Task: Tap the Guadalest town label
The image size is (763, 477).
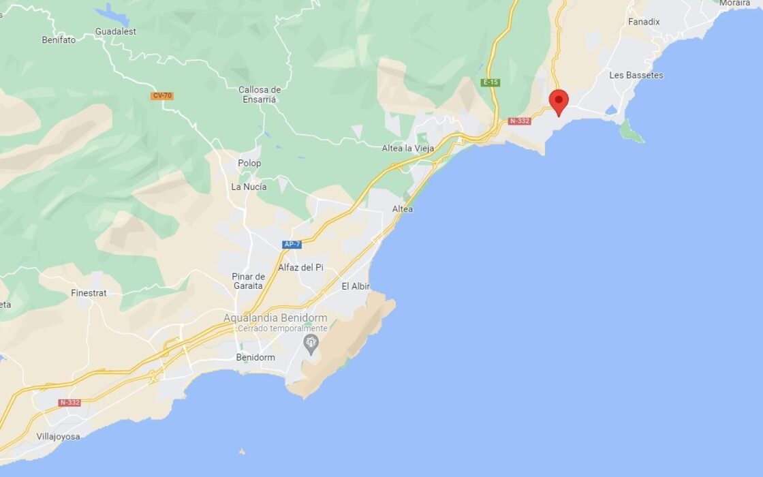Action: (x=116, y=31)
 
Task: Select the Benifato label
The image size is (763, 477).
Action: (x=59, y=40)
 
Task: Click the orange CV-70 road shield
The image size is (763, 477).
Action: (x=162, y=96)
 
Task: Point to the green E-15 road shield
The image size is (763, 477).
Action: (x=490, y=82)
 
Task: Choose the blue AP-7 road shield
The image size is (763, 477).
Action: (x=292, y=244)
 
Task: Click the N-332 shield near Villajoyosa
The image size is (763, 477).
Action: (x=69, y=403)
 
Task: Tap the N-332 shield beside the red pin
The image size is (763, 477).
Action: (x=519, y=121)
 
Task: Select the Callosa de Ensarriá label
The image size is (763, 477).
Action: (x=260, y=94)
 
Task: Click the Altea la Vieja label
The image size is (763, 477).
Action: (x=409, y=148)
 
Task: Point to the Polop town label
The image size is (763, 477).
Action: (x=249, y=164)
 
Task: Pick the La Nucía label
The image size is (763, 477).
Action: (x=249, y=187)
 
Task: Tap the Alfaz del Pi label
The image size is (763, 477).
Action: (x=300, y=268)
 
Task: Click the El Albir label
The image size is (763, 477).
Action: (x=355, y=287)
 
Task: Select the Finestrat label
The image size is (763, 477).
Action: (x=89, y=293)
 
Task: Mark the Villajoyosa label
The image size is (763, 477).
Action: (x=58, y=436)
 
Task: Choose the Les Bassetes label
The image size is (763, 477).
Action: (x=636, y=75)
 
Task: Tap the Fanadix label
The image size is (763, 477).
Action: (x=644, y=22)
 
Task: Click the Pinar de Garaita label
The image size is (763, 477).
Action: (x=248, y=281)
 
